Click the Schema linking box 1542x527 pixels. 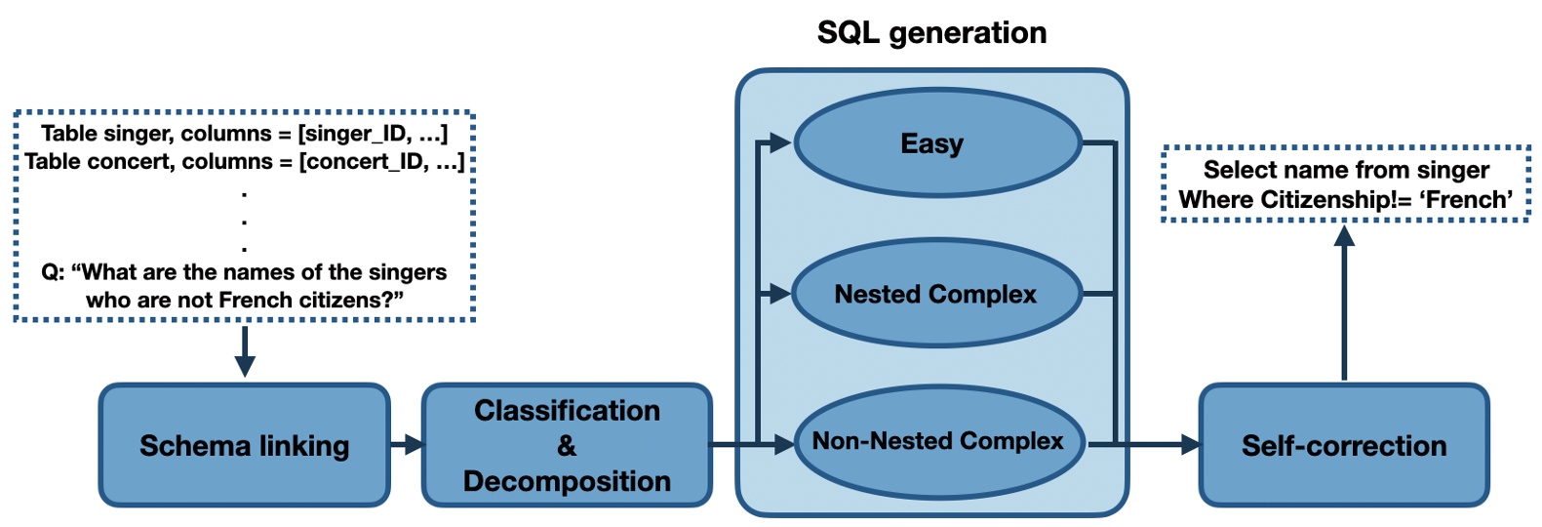pos(244,445)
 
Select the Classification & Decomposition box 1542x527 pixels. pos(567,445)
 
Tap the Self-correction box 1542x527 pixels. pos(1343,445)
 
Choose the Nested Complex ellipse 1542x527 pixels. pos(936,294)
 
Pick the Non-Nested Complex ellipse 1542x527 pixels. pos(938,441)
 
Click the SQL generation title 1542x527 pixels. pos(931,33)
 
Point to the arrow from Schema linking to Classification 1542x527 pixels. pos(407,445)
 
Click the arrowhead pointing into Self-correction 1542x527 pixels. pos(1190,445)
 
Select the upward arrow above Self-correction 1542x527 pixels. pos(1344,303)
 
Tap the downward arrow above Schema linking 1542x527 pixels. pos(245,351)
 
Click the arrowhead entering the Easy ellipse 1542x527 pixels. pos(779,143)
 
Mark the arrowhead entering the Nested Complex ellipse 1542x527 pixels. pos(779,293)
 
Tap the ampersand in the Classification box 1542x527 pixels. pos(567,446)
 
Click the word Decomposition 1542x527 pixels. pos(567,481)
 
